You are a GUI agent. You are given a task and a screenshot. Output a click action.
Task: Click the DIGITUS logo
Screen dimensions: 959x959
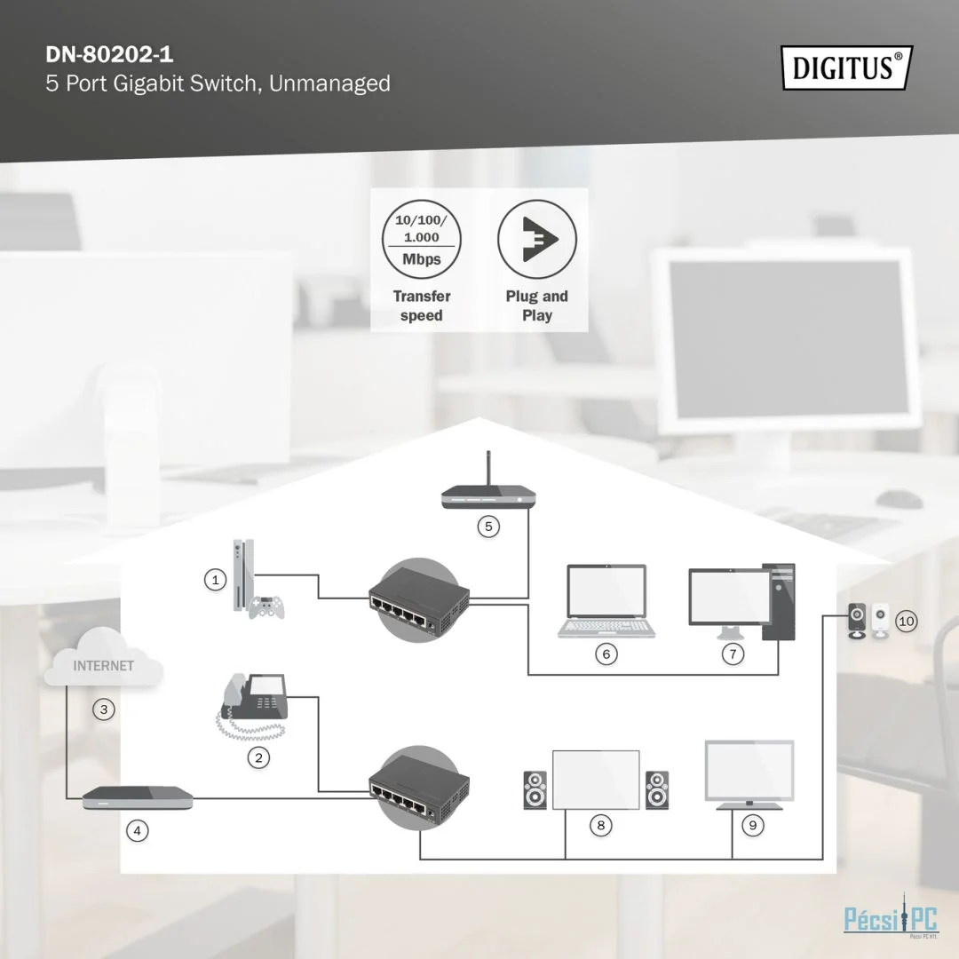tap(847, 67)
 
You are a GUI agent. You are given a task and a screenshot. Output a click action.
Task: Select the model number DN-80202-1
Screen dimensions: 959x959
tap(109, 55)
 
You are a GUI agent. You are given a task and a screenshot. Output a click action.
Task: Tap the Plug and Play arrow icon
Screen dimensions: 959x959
tap(537, 239)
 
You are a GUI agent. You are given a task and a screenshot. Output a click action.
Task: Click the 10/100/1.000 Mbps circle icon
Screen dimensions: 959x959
tap(422, 239)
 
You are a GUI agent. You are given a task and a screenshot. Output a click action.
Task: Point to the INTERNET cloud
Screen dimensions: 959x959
tap(103, 657)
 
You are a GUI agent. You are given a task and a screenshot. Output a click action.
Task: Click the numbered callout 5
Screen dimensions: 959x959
tap(488, 527)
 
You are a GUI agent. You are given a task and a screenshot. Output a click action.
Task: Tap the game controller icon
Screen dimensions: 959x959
tap(266, 606)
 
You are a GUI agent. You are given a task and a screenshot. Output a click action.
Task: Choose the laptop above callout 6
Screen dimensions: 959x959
tap(606, 601)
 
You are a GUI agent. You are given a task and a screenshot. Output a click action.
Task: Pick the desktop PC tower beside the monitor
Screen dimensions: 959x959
tap(779, 602)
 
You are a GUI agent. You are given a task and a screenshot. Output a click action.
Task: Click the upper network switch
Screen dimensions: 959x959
tap(419, 600)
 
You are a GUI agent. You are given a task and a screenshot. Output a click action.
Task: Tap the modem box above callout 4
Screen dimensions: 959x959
tap(138, 797)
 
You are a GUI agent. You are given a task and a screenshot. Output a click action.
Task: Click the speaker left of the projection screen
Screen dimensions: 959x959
tap(535, 790)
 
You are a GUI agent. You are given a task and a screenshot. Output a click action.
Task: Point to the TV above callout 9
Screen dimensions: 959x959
tap(749, 775)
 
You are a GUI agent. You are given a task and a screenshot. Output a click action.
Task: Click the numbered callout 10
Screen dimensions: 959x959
tap(907, 622)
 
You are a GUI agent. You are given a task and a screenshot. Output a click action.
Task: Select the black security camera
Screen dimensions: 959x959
tap(857, 621)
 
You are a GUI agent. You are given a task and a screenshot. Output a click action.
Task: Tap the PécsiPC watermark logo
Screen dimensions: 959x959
tap(892, 917)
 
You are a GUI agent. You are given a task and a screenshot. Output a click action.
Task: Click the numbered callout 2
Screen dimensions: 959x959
tap(258, 757)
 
